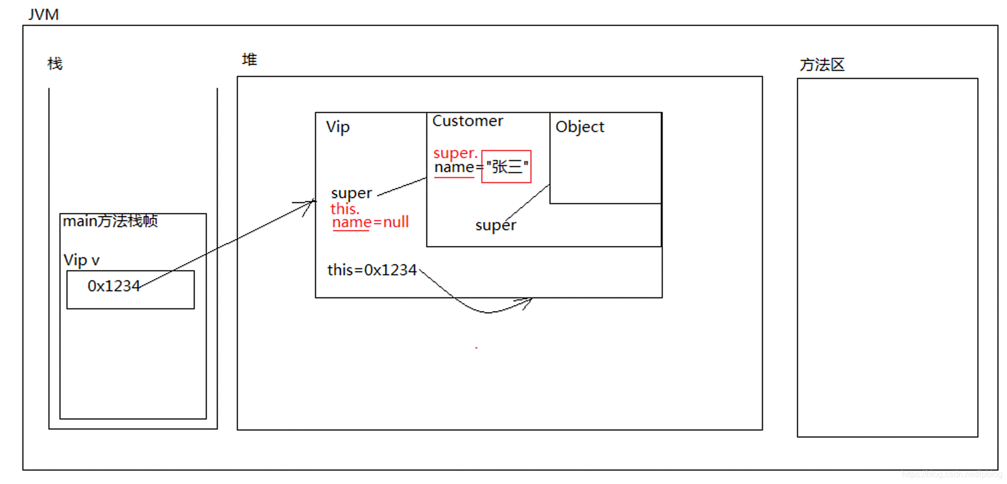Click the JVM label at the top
coord(43,14)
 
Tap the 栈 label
coord(55,64)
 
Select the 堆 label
coord(249,59)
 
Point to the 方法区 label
coord(822,65)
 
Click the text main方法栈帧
coord(110,221)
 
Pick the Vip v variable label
coord(81,260)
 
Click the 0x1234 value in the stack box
coord(113,287)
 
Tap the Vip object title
coord(337,127)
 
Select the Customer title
coord(467,121)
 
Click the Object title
coord(579,127)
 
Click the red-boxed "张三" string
coord(506,167)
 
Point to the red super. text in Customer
coord(455,153)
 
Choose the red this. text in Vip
coord(345,209)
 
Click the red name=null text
coord(371,222)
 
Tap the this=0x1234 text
coord(372,270)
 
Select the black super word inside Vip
coord(351,193)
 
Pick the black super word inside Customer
coord(495,225)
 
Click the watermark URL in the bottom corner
coord(951,474)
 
